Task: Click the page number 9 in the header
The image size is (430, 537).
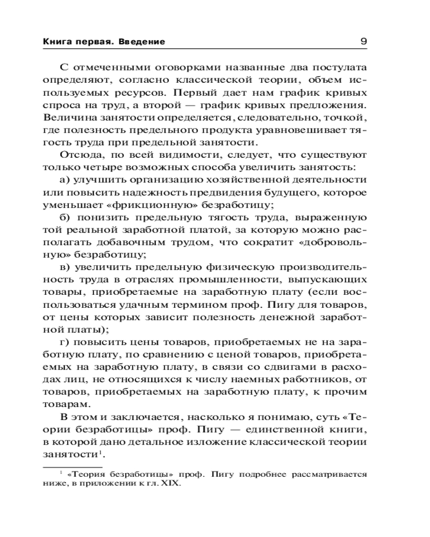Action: click(363, 41)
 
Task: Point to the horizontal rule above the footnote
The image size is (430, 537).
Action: click(64, 467)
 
